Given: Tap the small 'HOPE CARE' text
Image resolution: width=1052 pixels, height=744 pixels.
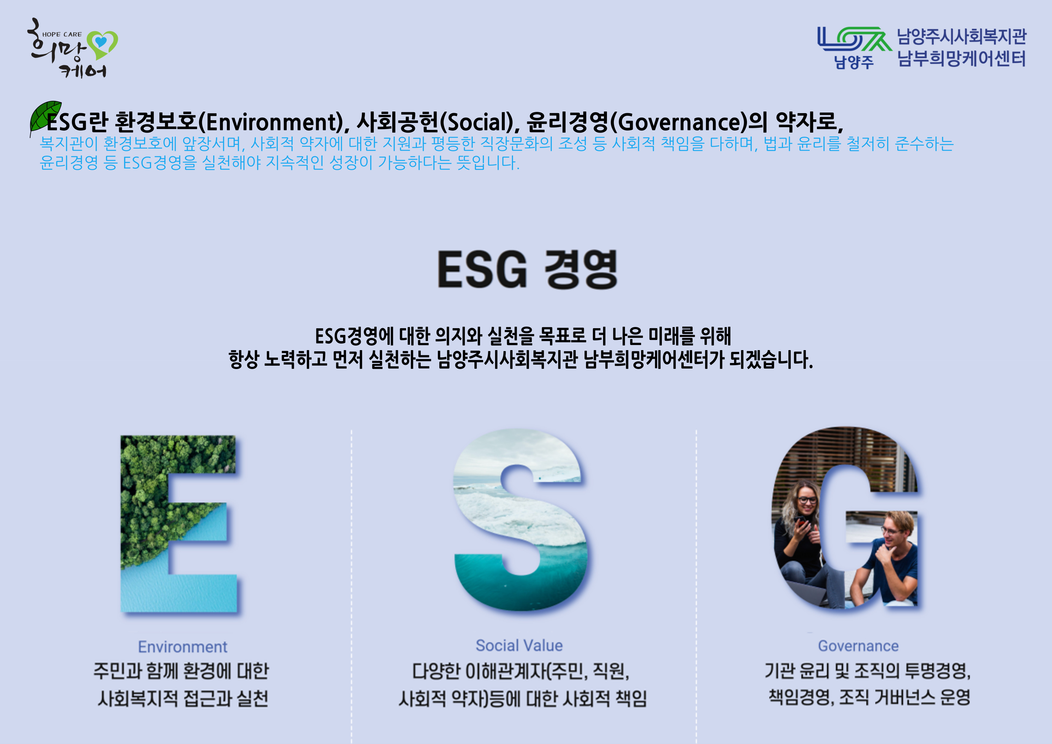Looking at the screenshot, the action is pyautogui.click(x=62, y=34).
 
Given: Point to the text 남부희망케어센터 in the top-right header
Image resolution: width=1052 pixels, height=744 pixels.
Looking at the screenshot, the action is pyautogui.click(x=961, y=58).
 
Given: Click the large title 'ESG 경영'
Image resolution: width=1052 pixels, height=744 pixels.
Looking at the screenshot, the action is pyautogui.click(x=527, y=269).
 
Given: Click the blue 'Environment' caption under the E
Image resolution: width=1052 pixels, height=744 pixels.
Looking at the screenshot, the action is pyautogui.click(x=183, y=647).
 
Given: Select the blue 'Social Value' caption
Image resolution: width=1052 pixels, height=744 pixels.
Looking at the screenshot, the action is pyautogui.click(x=519, y=645).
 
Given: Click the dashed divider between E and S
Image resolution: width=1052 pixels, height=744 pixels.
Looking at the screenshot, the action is pyautogui.click(x=351, y=587).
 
